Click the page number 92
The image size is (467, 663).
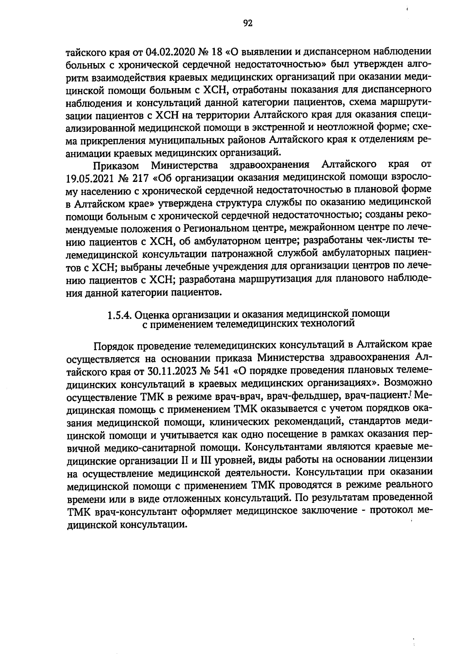pyautogui.click(x=248, y=24)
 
